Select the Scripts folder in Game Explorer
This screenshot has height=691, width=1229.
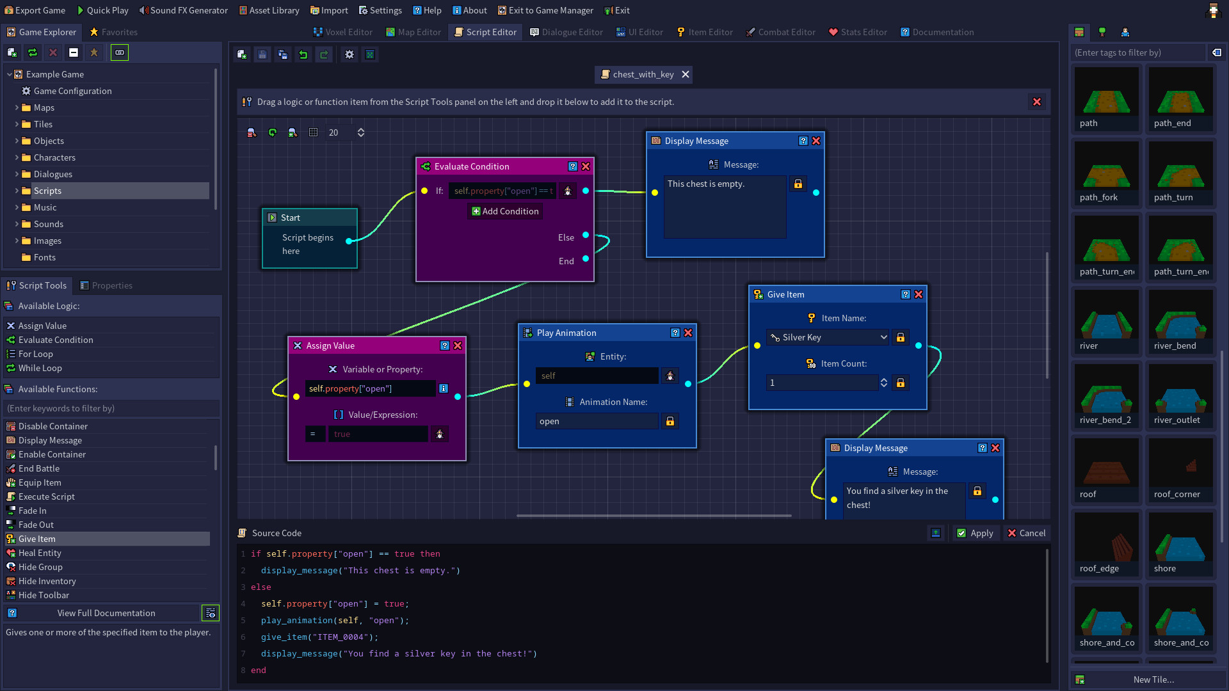48,191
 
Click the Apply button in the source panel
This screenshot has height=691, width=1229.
975,533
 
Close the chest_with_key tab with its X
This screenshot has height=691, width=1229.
686,74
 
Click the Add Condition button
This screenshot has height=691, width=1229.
505,211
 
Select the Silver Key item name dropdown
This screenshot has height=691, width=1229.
828,337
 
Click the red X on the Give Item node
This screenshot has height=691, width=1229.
919,294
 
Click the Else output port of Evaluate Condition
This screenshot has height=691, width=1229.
586,235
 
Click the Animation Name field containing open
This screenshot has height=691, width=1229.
596,421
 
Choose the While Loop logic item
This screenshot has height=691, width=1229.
40,368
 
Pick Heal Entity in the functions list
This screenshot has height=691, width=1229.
40,553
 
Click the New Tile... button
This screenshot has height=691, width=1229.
1153,679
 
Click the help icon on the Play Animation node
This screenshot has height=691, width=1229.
675,333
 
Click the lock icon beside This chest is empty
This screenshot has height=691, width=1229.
798,184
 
